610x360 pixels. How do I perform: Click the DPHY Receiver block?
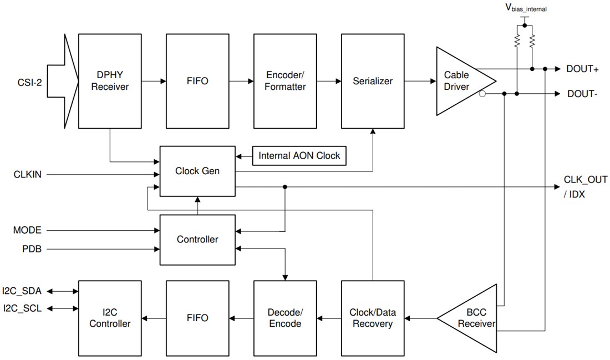110,81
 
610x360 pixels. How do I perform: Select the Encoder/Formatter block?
285,81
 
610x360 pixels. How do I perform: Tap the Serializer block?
373,81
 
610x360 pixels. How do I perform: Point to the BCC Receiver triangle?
471,318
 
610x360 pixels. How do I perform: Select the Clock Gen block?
197,171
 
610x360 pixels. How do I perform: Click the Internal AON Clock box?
299,156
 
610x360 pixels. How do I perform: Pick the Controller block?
197,240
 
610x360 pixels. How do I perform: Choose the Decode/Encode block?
285,318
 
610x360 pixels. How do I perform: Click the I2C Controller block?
110,318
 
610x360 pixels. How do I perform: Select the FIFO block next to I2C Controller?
197,318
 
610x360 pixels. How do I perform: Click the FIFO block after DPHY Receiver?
197,81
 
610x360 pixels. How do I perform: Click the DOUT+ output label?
582,69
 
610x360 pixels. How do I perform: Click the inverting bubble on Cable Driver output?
482,94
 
